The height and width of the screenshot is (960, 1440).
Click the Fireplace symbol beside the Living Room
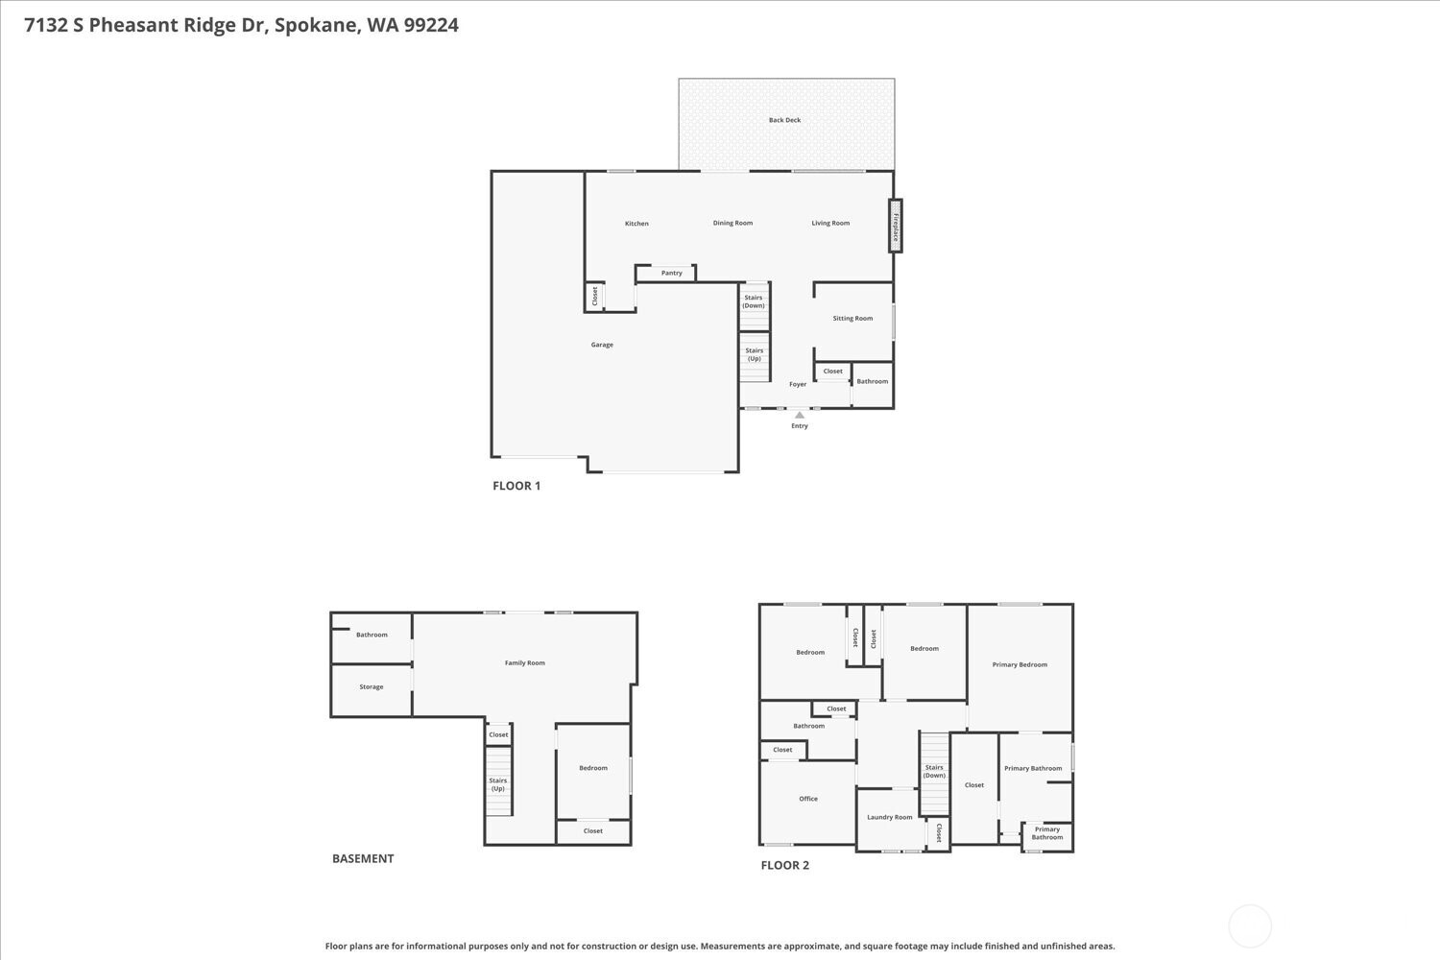coord(895,226)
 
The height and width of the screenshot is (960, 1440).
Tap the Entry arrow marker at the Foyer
coord(800,415)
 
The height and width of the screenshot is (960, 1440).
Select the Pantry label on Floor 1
coord(671,273)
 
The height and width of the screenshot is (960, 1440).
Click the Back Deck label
coord(784,120)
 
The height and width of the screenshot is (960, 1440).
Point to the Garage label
coord(602,345)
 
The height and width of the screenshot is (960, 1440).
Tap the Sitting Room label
coord(852,318)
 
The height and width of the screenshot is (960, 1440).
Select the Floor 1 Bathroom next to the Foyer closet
coord(872,381)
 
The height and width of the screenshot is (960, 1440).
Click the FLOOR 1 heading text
coord(516,486)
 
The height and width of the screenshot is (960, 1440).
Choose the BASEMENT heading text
coord(363,859)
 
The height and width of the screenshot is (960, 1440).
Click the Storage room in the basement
coord(372,687)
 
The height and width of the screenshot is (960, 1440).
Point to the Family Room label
coord(524,662)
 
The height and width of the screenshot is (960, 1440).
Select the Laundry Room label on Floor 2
coord(889,817)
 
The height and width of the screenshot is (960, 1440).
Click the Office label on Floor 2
coord(808,799)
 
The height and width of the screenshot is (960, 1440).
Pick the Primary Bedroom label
coord(1020,664)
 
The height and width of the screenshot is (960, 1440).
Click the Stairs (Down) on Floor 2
coord(934,772)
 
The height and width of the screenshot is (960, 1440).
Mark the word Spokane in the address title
coord(316,25)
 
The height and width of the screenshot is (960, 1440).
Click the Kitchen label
coord(636,224)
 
